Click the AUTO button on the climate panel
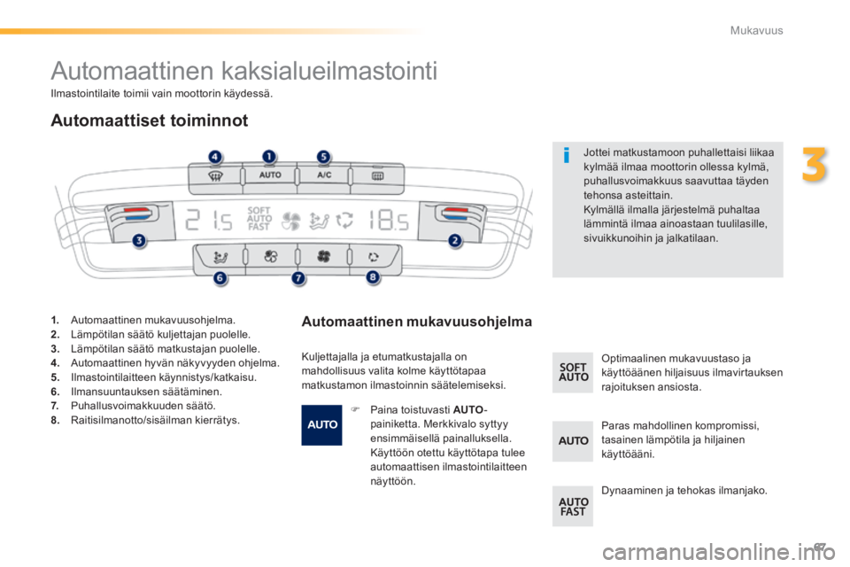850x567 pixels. [x=269, y=175]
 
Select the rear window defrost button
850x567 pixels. [x=375, y=175]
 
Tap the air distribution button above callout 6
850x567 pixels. [x=217, y=257]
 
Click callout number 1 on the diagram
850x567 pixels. [x=267, y=156]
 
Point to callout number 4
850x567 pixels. [x=215, y=157]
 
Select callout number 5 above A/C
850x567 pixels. [x=323, y=157]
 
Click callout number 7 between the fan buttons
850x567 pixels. [x=297, y=278]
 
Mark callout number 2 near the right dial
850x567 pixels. [x=455, y=240]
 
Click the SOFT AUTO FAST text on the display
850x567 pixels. [x=259, y=217]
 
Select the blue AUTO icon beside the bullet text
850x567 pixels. [x=321, y=424]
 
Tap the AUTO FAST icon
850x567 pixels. [x=573, y=506]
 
